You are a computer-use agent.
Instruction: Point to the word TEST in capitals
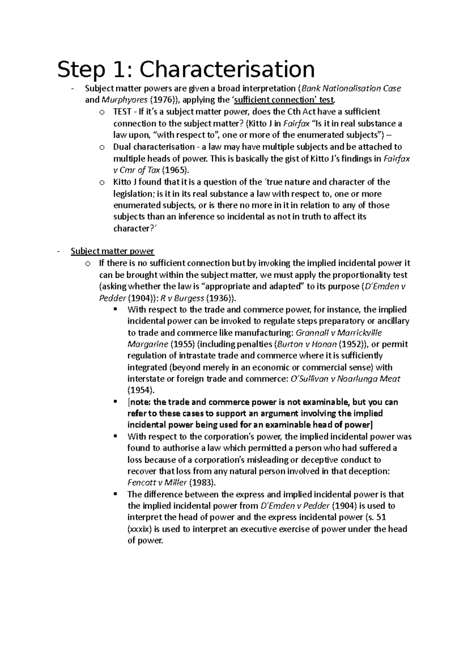point(122,112)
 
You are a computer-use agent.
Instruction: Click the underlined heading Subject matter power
point(112,251)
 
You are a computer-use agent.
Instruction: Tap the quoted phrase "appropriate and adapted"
point(254,286)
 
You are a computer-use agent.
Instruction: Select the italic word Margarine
point(148,344)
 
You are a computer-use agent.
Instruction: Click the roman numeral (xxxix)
point(140,529)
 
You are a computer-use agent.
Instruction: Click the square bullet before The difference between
point(115,494)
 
